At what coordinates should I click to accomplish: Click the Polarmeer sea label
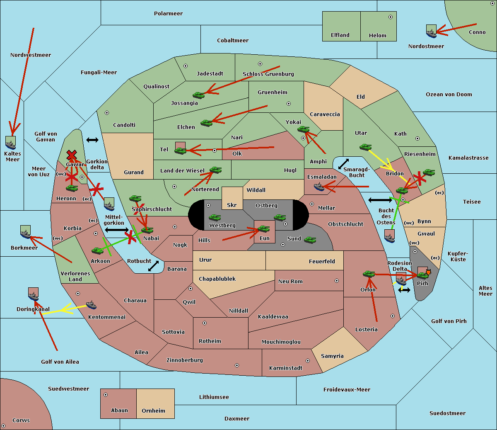(x=168, y=14)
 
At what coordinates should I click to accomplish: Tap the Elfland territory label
(x=340, y=35)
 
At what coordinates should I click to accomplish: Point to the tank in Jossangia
(x=199, y=95)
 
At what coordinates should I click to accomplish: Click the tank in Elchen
(x=206, y=123)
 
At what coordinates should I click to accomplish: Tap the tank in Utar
(x=365, y=147)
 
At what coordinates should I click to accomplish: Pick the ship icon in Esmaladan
(x=319, y=187)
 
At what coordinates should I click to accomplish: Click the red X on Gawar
(x=72, y=155)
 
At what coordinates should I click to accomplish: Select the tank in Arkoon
(x=98, y=250)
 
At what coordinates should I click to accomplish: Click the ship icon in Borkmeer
(x=26, y=233)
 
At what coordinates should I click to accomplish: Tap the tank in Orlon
(x=368, y=274)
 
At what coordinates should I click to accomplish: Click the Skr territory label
(x=232, y=205)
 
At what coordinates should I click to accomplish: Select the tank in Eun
(x=263, y=228)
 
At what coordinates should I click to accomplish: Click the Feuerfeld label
(x=322, y=262)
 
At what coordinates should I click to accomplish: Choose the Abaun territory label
(x=119, y=411)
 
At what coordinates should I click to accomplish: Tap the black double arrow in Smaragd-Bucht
(x=344, y=164)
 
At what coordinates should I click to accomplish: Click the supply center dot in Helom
(x=390, y=17)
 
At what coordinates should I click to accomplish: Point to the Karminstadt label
(x=286, y=368)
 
